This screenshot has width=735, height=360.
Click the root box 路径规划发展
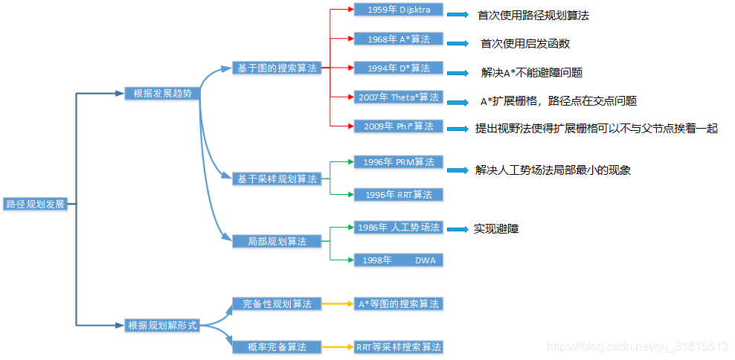tap(36, 204)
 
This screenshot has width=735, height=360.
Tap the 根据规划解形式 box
tap(162, 325)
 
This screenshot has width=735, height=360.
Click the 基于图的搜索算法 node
tap(277, 68)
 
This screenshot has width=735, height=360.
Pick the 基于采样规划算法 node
tap(277, 179)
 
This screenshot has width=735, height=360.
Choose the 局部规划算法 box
tap(277, 241)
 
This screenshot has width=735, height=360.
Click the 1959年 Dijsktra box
tap(398, 10)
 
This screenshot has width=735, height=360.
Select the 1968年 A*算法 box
tap(398, 39)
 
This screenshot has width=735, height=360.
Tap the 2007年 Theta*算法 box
tap(398, 97)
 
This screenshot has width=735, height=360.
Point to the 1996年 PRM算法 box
tap(398, 161)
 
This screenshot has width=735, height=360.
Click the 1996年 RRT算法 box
tap(398, 194)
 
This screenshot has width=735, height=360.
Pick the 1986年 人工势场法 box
tap(398, 227)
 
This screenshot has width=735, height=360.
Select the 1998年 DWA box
tap(398, 260)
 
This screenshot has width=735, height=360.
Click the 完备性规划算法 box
tap(277, 303)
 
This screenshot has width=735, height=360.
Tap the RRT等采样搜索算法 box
tap(398, 347)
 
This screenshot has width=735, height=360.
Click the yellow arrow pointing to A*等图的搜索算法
tap(338, 304)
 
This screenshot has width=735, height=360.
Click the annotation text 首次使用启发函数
tap(525, 44)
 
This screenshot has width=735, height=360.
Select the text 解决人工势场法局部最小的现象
tap(553, 170)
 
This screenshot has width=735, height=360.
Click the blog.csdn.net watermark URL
tap(637, 347)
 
